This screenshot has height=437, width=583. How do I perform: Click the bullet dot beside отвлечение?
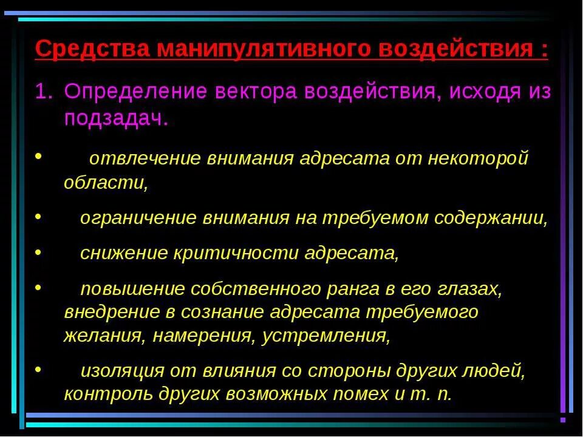[x=38, y=156]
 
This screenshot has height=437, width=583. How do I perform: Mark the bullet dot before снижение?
[x=38, y=249]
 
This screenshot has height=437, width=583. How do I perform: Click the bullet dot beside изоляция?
[x=38, y=368]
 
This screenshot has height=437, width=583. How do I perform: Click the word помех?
[x=359, y=393]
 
